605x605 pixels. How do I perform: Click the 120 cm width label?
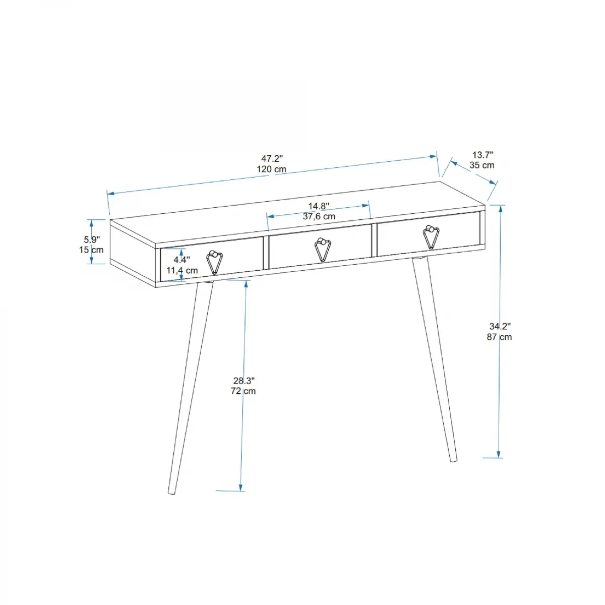point(271,169)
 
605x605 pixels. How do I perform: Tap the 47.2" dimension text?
point(271,159)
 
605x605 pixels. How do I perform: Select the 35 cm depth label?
point(481,165)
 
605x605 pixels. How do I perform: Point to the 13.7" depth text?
point(482,155)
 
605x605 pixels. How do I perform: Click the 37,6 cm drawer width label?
point(319,217)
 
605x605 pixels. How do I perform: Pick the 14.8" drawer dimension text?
point(319,206)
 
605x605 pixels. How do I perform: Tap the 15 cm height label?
point(91,250)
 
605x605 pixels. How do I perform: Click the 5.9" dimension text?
point(92,239)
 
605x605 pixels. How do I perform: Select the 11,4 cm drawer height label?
point(182,271)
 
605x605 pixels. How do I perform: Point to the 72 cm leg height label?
point(243,391)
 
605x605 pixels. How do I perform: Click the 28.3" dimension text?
point(244,381)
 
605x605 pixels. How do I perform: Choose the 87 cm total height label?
point(499,337)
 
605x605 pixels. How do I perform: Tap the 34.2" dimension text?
point(500,326)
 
